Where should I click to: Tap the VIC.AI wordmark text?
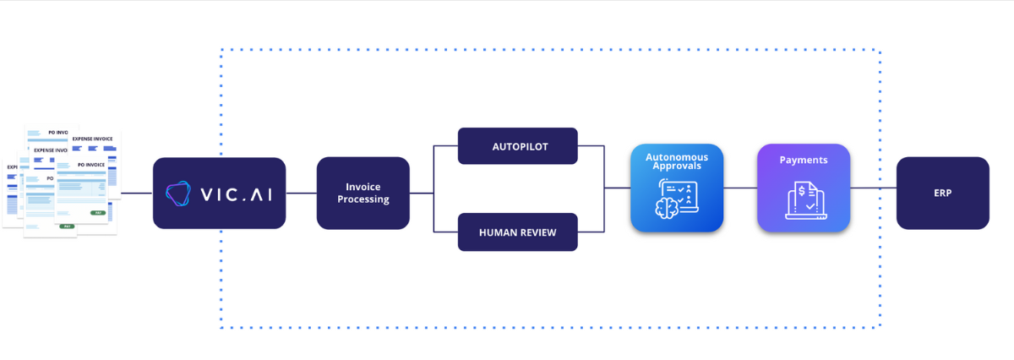point(236,194)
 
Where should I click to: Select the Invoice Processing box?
point(363,193)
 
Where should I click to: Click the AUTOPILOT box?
point(517,146)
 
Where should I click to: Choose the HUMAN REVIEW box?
point(517,232)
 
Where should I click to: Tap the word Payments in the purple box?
point(803,160)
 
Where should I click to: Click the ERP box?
point(942,193)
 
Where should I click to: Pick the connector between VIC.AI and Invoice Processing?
point(301,193)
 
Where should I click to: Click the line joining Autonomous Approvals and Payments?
point(739,188)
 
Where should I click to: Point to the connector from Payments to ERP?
point(873,188)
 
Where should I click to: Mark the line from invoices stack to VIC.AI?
point(136,193)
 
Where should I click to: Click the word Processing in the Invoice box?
point(363,200)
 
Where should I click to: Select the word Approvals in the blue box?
point(677,166)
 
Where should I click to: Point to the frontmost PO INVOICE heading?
point(91,164)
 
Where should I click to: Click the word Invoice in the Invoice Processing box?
point(363,187)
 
